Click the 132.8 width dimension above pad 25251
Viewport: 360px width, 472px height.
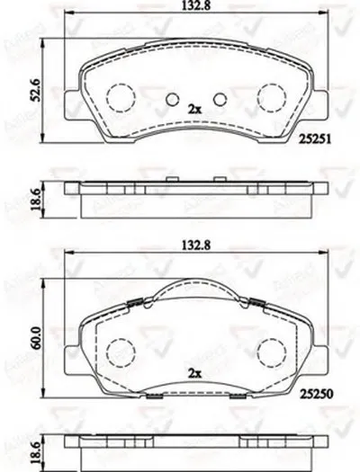[x=193, y=8]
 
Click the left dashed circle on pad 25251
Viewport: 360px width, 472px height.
[x=120, y=96]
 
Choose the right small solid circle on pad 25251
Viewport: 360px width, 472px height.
[x=217, y=99]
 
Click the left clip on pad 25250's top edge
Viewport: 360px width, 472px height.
[x=132, y=302]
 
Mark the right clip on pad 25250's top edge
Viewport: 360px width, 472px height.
[x=256, y=302]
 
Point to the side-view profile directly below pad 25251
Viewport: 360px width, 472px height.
[x=194, y=198]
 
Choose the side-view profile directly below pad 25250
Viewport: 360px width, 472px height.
[x=194, y=450]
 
